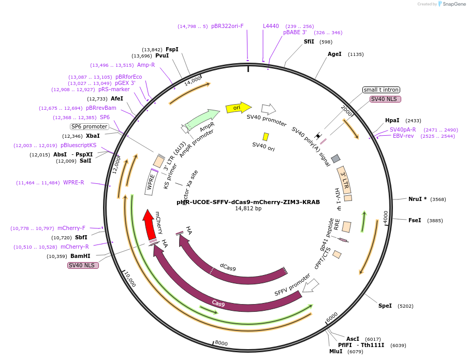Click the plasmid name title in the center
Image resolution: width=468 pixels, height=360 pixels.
248,202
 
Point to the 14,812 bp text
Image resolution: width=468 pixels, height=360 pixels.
248,209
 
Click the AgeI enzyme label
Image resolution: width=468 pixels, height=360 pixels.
334,54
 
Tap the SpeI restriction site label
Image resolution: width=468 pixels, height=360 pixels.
385,306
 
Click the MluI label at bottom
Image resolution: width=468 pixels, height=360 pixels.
335,351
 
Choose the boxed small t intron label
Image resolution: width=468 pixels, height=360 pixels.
381,90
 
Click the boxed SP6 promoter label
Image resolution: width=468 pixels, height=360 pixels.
90,126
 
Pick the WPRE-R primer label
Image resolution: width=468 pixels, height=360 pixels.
74,182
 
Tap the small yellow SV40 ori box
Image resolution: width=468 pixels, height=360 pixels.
266,137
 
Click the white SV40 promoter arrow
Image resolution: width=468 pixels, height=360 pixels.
268,109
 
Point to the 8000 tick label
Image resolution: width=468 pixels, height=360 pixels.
221,343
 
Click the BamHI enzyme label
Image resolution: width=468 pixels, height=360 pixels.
80,256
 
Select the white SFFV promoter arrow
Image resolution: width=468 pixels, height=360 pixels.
311,285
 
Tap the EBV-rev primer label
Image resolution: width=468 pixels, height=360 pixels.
403,136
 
